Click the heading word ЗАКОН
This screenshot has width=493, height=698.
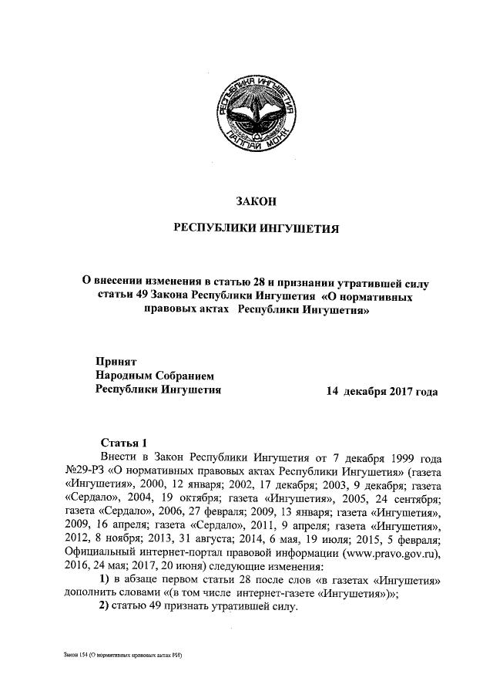click(255, 202)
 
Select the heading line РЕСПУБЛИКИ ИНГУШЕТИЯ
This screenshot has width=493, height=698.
click(254, 229)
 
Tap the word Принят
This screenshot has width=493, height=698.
click(116, 360)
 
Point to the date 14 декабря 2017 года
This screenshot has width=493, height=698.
click(382, 391)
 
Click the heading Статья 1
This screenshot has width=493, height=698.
click(124, 442)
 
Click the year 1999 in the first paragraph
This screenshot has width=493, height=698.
click(384, 457)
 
